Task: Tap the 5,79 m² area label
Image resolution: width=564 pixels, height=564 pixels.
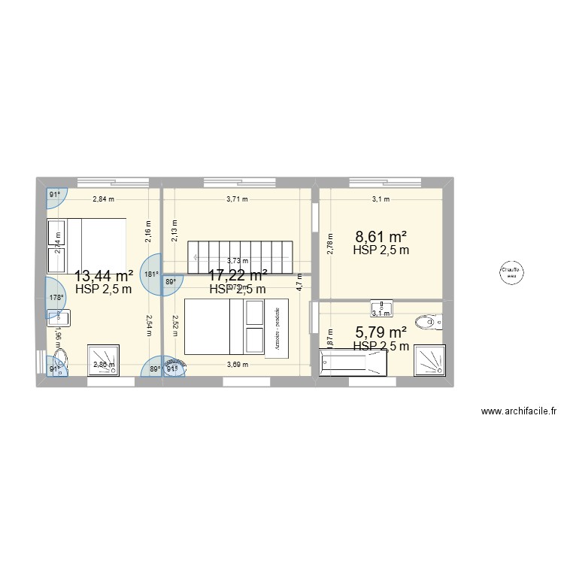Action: click(x=381, y=332)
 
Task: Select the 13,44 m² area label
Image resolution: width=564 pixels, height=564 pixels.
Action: click(x=104, y=275)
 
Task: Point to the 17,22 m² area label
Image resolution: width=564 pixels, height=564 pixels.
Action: click(x=238, y=275)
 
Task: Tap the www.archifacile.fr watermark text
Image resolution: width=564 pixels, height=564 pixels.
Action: click(x=519, y=411)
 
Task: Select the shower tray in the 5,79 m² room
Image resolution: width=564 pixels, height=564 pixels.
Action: click(x=430, y=359)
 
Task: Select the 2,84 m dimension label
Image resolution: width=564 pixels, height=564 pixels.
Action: click(x=103, y=199)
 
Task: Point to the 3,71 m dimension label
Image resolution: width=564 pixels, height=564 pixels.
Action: click(x=238, y=199)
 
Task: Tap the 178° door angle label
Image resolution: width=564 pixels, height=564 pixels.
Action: click(x=56, y=298)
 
